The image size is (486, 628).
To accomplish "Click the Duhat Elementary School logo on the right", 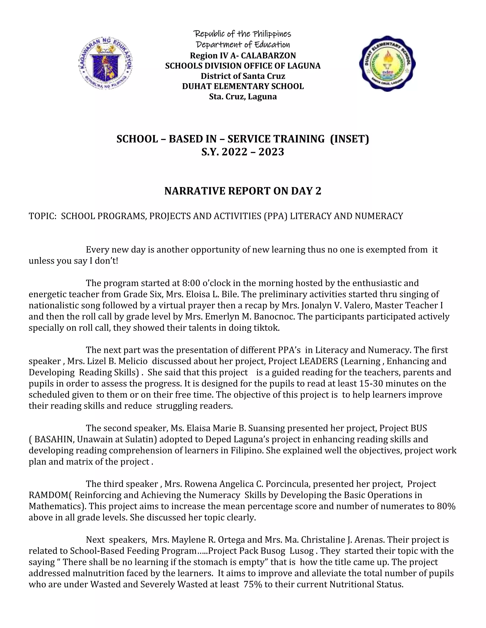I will point(387,64).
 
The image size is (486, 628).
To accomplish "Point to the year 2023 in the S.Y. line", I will point(271,152).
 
